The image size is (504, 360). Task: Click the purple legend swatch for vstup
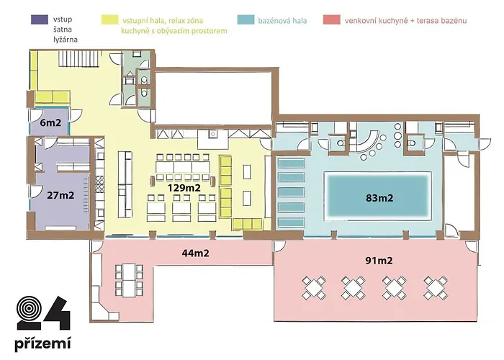(x=40, y=19)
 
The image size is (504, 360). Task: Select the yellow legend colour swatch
(x=109, y=19)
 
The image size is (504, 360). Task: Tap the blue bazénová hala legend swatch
(x=246, y=19)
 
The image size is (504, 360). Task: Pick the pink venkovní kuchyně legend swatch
(x=332, y=19)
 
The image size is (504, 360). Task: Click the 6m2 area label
(x=50, y=122)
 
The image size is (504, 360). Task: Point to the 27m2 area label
(x=60, y=195)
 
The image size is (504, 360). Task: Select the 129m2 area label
(x=184, y=188)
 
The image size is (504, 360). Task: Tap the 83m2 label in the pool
(x=379, y=198)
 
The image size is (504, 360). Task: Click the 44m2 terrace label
(x=195, y=253)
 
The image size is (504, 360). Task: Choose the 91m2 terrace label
(x=379, y=261)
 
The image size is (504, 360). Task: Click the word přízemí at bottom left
(x=42, y=343)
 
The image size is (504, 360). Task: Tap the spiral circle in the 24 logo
(x=29, y=309)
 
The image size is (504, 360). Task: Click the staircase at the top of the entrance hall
(x=78, y=59)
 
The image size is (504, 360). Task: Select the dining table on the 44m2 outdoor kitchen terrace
(x=129, y=280)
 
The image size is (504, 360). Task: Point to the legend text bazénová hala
(x=282, y=21)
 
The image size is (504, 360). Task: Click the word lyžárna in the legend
(x=66, y=40)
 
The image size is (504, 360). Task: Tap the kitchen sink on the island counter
(x=212, y=134)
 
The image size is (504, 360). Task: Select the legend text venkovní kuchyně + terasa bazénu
(x=405, y=21)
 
